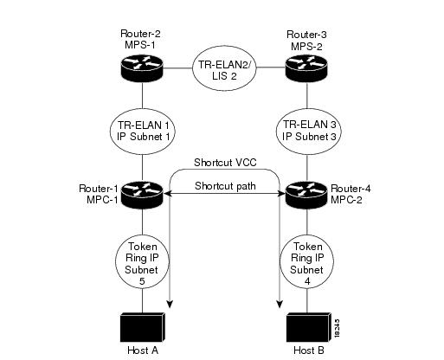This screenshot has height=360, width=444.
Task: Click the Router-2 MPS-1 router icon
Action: (x=142, y=68)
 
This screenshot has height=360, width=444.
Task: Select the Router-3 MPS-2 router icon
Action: (x=306, y=68)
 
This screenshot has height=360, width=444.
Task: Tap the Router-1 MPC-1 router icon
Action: (x=142, y=194)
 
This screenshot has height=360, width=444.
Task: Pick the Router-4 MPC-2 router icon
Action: (x=306, y=194)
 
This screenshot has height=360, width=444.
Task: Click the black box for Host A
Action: (x=142, y=327)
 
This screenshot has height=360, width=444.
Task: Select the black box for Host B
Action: (x=308, y=327)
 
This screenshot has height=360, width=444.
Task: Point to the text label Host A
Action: (x=143, y=350)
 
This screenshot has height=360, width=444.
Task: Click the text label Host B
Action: (x=309, y=350)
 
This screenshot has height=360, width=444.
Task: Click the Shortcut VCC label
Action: (x=225, y=163)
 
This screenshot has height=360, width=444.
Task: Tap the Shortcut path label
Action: (x=225, y=186)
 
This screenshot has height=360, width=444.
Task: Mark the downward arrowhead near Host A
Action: (x=170, y=304)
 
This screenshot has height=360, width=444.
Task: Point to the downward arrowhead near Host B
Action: (x=280, y=304)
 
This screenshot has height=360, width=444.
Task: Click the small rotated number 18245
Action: (x=338, y=328)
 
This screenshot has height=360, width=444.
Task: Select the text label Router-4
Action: (x=351, y=189)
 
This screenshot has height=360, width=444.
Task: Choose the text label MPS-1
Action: (x=140, y=45)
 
